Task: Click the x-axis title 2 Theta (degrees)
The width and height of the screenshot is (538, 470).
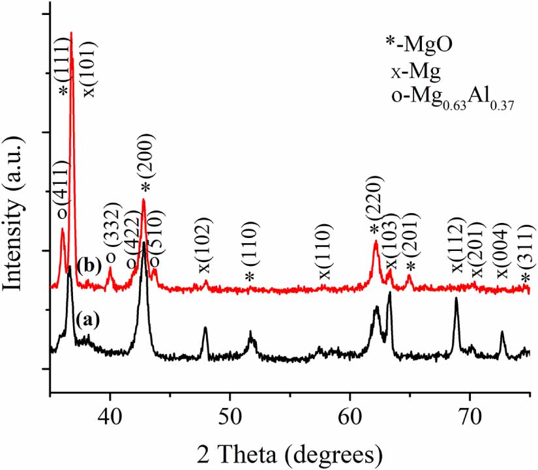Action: (290, 450)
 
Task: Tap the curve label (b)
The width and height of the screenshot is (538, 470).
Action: (88, 267)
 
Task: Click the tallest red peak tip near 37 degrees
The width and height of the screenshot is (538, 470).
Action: (71, 33)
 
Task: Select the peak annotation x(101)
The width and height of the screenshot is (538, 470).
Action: (90, 68)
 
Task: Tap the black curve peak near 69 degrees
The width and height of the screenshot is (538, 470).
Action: (456, 299)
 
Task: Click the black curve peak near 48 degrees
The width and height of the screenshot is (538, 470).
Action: (205, 329)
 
